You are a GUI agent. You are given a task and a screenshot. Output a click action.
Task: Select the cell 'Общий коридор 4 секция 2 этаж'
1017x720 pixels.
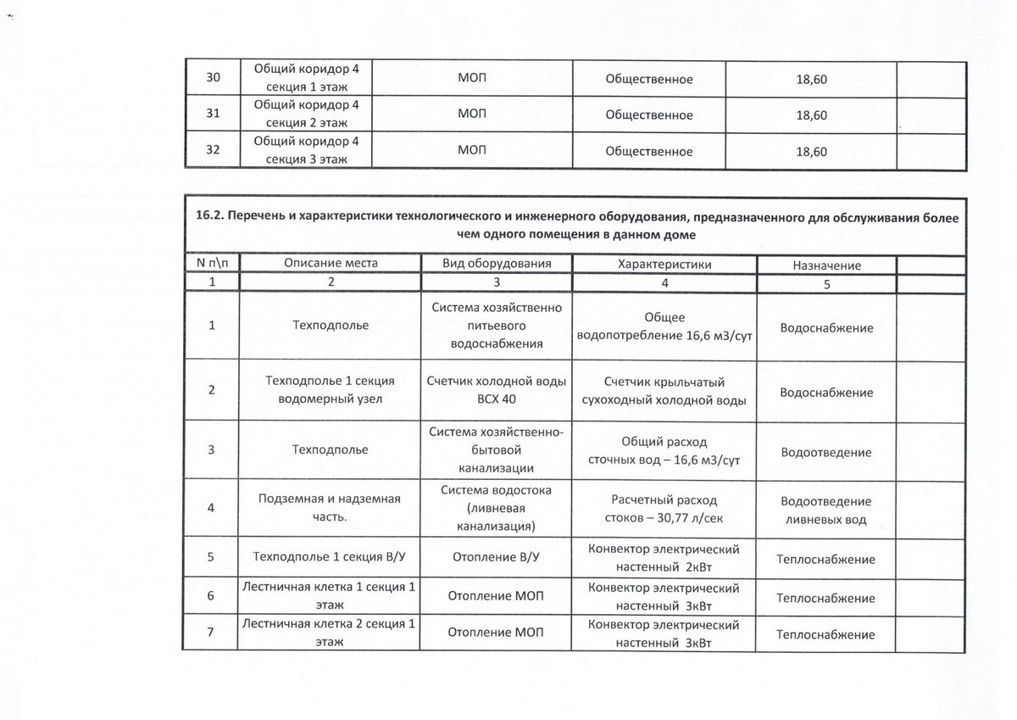tap(308, 114)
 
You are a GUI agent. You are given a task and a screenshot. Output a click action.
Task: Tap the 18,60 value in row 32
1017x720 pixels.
tap(811, 152)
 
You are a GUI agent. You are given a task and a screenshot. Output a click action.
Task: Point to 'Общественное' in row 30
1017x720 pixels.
tap(649, 79)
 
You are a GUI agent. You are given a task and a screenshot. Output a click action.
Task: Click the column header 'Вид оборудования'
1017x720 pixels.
tap(497, 264)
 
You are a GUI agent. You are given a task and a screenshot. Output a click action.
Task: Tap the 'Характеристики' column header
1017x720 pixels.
tap(664, 264)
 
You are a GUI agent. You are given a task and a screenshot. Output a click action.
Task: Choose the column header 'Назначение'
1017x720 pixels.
tap(826, 265)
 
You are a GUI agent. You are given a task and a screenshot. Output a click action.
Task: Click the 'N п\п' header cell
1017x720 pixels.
tap(212, 264)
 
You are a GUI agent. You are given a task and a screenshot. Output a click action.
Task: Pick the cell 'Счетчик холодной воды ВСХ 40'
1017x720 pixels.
tap(497, 390)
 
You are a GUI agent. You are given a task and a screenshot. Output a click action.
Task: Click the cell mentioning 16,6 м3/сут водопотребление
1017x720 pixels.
tap(664, 327)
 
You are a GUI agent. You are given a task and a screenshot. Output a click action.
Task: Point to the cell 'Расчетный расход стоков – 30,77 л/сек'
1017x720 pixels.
tap(664, 508)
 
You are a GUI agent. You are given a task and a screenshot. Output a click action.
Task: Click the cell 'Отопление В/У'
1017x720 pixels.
tap(497, 559)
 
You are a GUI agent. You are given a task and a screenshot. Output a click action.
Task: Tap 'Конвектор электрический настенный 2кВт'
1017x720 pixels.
tap(664, 558)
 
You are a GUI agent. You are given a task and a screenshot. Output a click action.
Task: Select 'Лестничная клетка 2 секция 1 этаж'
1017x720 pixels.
tap(329, 633)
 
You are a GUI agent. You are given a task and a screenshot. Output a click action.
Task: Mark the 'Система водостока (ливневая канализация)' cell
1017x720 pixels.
tap(497, 508)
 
